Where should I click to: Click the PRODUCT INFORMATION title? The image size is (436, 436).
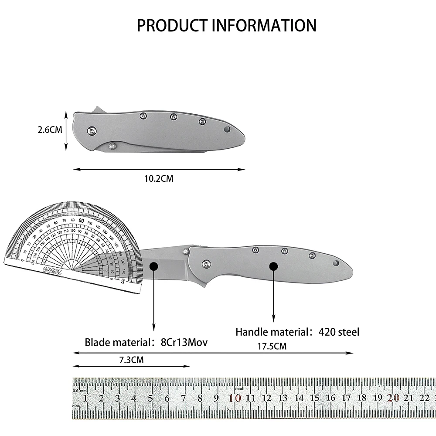point(226,26)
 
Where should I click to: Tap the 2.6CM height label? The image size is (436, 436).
point(49,129)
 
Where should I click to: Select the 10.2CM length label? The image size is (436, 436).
point(159,178)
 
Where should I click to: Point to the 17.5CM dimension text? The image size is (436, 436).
point(272,346)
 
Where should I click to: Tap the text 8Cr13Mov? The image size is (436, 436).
point(184,342)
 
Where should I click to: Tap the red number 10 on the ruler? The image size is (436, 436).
point(235,398)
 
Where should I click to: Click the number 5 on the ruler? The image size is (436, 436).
point(150,398)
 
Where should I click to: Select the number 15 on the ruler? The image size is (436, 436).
point(315,398)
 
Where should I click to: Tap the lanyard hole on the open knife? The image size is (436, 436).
point(336,263)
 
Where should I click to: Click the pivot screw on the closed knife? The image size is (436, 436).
point(92,129)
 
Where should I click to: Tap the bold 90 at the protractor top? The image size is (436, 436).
point(82,221)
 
